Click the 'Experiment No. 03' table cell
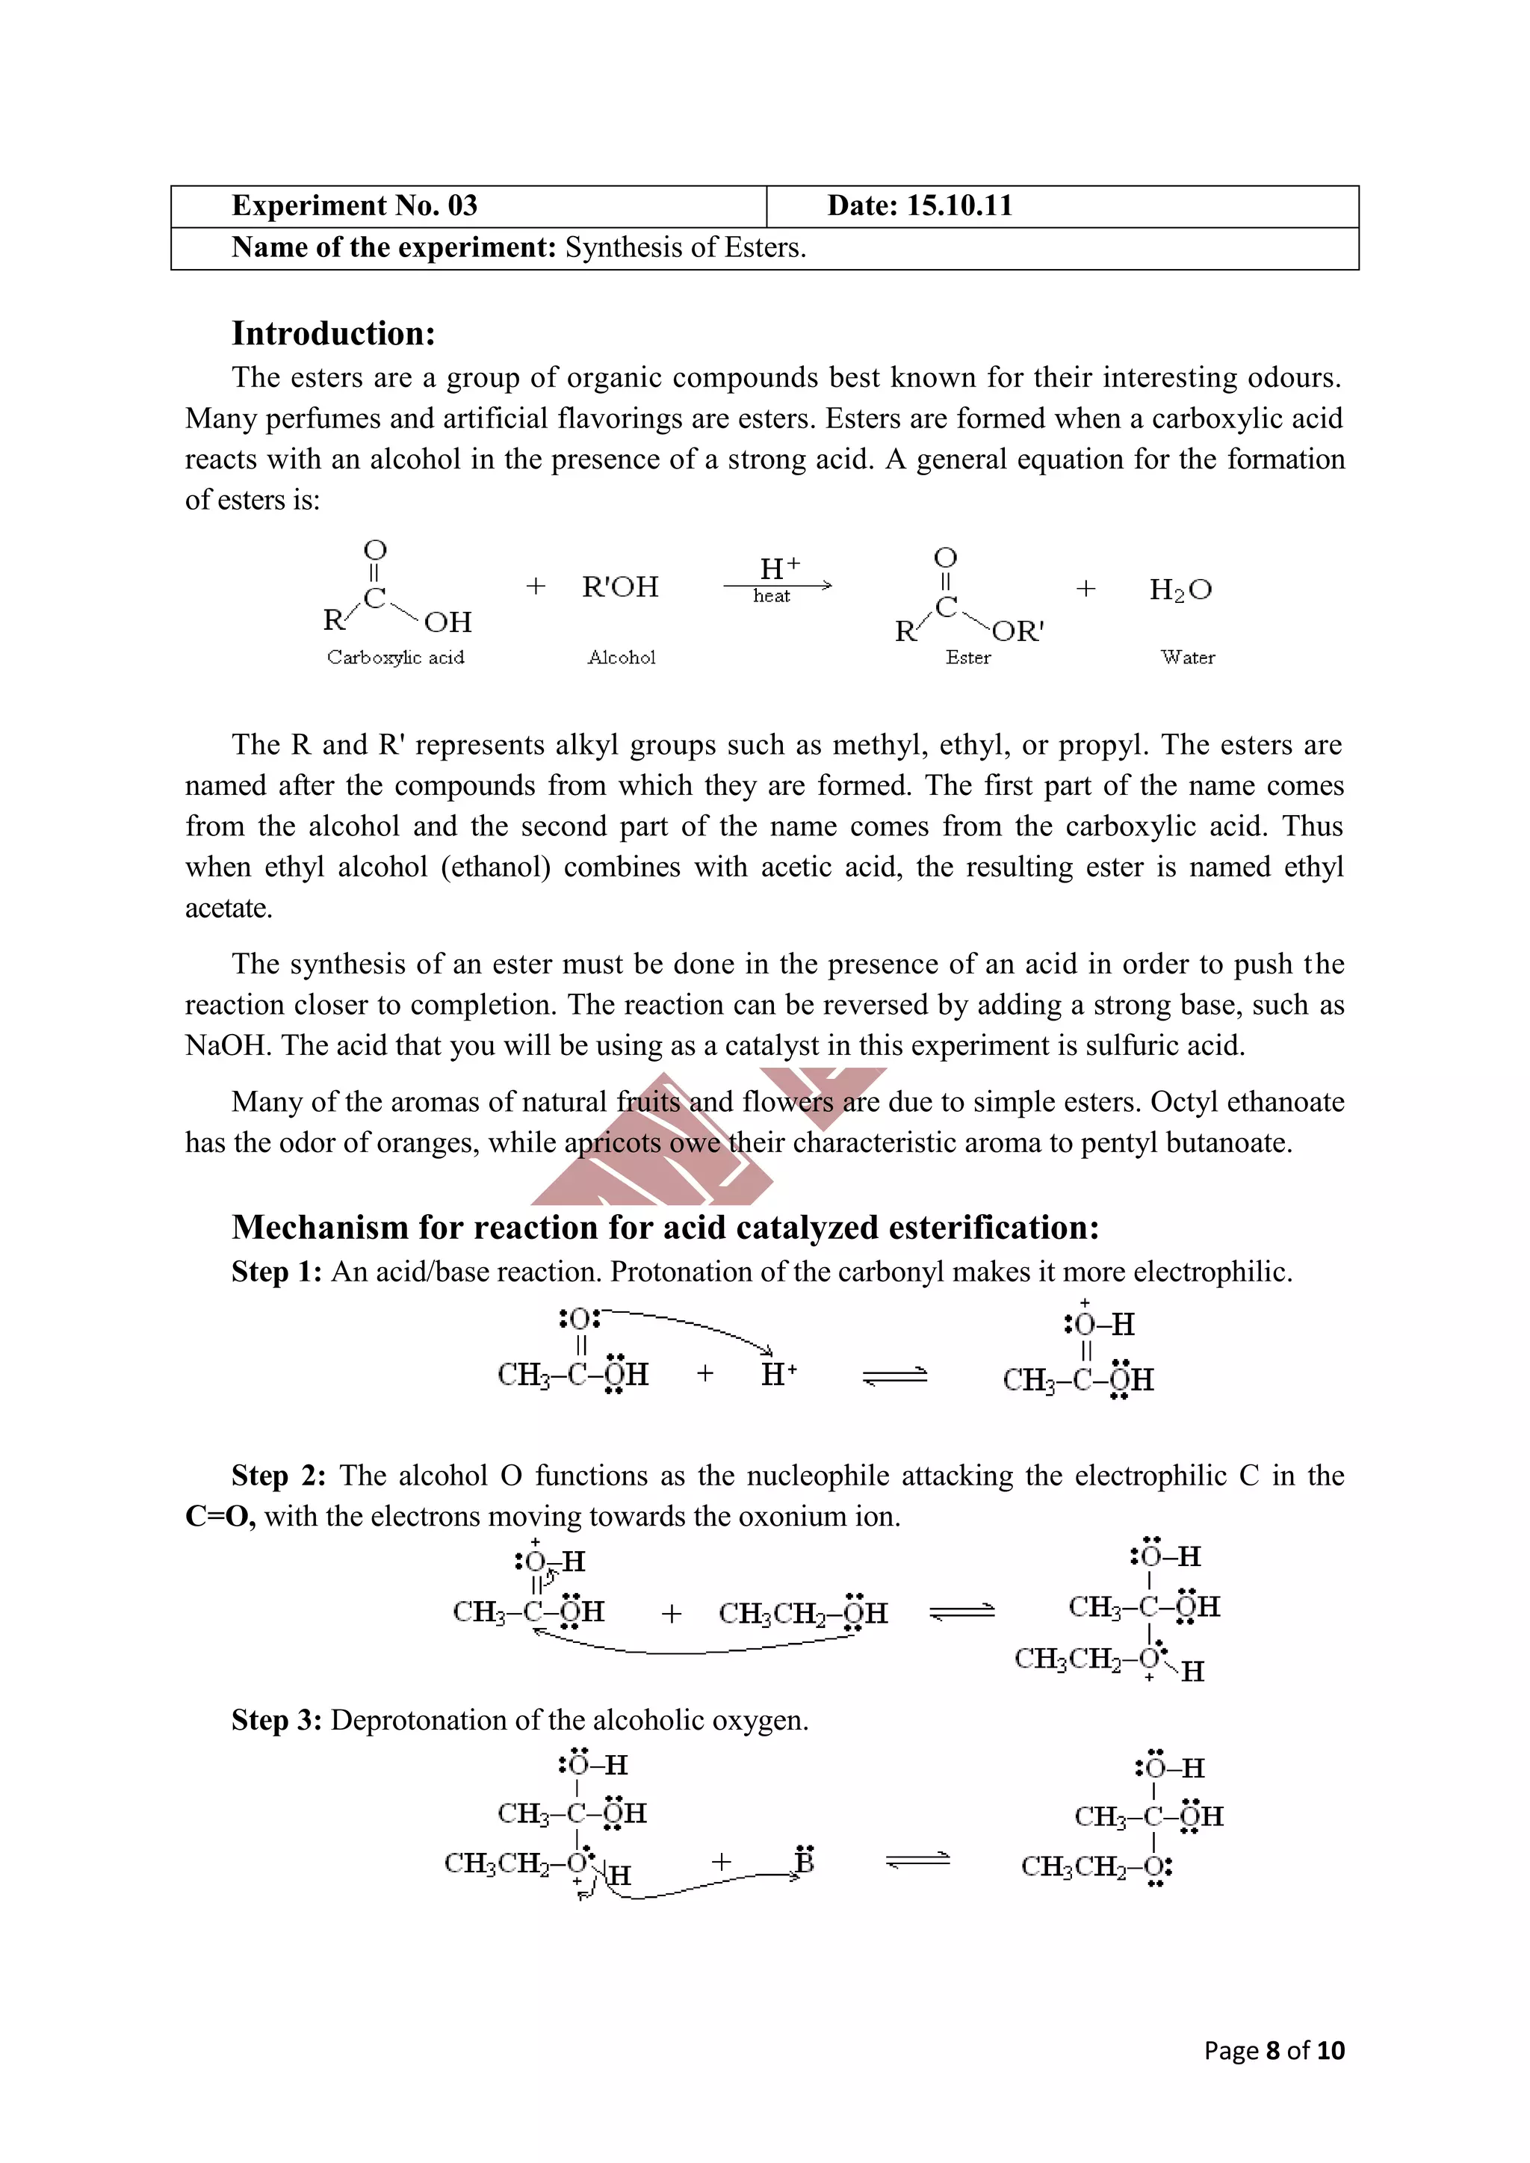pyautogui.click(x=355, y=206)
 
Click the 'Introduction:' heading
pyautogui.click(x=333, y=333)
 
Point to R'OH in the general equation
pyautogui.click(x=620, y=587)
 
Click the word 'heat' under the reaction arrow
pyautogui.click(x=772, y=596)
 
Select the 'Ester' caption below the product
pyautogui.click(x=967, y=657)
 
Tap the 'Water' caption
pyautogui.click(x=1187, y=657)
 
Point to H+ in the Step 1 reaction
pyautogui.click(x=778, y=1375)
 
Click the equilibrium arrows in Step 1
pyautogui.click(x=894, y=1377)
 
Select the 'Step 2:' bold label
pyautogui.click(x=279, y=1476)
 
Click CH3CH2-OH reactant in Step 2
pyautogui.click(x=802, y=1613)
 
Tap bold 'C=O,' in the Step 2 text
pyautogui.click(x=220, y=1516)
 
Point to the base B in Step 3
pyautogui.click(x=804, y=1862)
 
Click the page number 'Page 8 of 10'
pyautogui.click(x=1274, y=2051)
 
